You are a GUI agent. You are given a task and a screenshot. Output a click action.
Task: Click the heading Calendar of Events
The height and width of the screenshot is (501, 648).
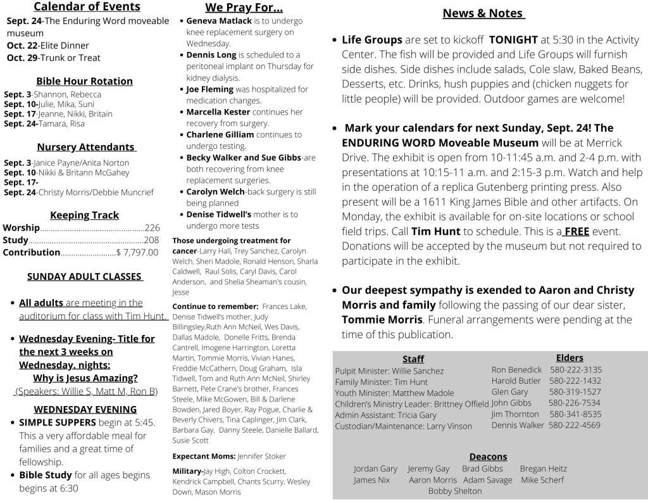coord(87,8)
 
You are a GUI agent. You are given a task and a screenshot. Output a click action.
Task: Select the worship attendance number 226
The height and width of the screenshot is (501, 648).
coord(152,228)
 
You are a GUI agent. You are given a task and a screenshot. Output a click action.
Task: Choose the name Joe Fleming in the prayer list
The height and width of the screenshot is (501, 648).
coord(209,89)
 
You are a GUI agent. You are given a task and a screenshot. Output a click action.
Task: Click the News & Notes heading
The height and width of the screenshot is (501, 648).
coord(483,13)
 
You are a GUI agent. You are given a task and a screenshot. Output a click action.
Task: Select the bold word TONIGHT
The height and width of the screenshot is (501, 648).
coord(513,40)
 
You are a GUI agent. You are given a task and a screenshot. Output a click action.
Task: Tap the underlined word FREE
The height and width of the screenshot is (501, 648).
coord(576,232)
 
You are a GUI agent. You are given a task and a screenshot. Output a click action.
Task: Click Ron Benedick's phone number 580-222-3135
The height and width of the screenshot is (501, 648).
coord(576,370)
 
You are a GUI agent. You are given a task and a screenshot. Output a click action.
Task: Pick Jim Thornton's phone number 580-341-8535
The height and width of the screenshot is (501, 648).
coord(575,414)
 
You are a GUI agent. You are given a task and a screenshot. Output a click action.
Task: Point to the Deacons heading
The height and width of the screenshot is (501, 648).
coord(488,457)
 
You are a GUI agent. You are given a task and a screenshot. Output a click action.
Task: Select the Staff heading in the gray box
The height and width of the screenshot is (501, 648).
coord(413,359)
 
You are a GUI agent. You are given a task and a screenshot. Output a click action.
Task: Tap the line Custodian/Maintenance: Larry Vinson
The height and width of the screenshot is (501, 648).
coord(403,426)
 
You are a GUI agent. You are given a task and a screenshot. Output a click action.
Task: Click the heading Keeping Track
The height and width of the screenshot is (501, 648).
coord(84,215)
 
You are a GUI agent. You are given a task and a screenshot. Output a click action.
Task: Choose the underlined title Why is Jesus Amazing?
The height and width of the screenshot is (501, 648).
coord(85,378)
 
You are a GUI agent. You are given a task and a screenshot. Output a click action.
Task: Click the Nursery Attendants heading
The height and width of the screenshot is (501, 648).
coord(86,148)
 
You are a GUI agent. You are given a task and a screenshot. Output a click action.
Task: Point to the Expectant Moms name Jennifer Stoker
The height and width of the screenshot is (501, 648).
coord(262,456)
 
